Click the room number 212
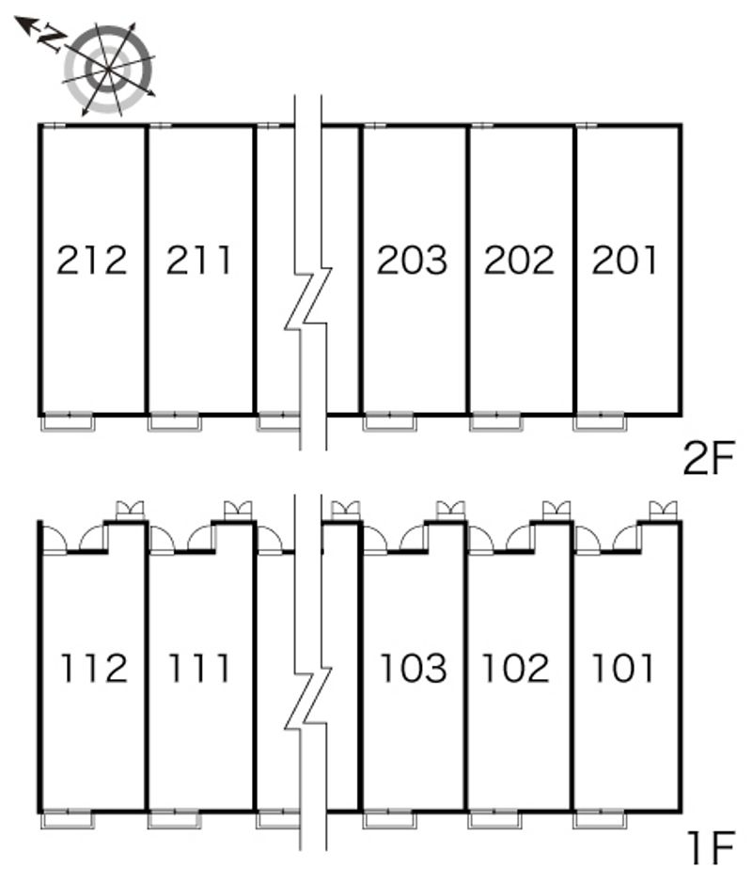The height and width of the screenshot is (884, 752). click(x=91, y=260)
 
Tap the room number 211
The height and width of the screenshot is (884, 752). click(x=199, y=260)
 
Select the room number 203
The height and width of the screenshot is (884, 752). click(x=412, y=260)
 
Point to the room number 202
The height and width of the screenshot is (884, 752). click(x=519, y=260)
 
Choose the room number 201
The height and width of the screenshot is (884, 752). click(x=625, y=260)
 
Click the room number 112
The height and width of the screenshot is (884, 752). click(x=93, y=669)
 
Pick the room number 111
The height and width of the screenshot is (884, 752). click(x=199, y=669)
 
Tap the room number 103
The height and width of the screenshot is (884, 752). click(x=413, y=669)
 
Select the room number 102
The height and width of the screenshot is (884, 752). click(x=515, y=669)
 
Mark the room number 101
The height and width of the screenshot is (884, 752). click(x=622, y=669)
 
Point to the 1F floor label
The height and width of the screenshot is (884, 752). click(x=709, y=848)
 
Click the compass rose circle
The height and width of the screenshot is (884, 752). click(x=109, y=68)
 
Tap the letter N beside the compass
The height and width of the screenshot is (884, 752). click(x=55, y=38)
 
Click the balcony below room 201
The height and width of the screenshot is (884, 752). click(x=601, y=422)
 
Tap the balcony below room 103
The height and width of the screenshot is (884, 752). click(x=388, y=819)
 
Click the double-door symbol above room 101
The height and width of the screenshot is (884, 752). click(x=665, y=511)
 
